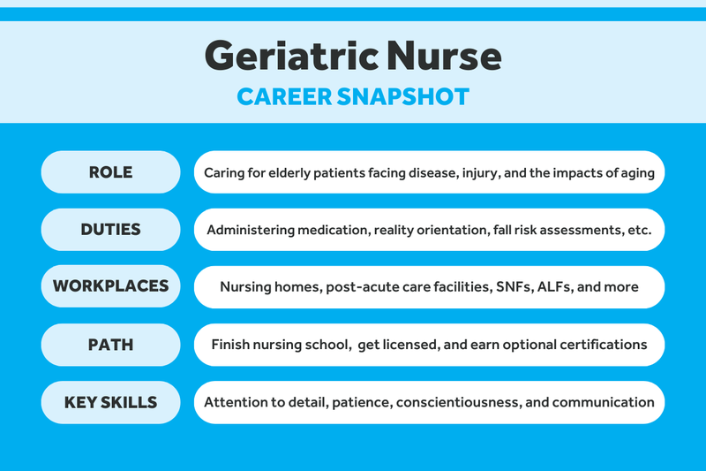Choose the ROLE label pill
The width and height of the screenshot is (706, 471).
(111, 172)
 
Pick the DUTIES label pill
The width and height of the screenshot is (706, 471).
(111, 230)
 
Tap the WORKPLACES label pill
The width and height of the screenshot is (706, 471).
(111, 286)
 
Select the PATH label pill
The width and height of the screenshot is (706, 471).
(111, 344)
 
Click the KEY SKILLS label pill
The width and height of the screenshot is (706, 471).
(111, 402)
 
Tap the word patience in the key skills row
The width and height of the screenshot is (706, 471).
(358, 403)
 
